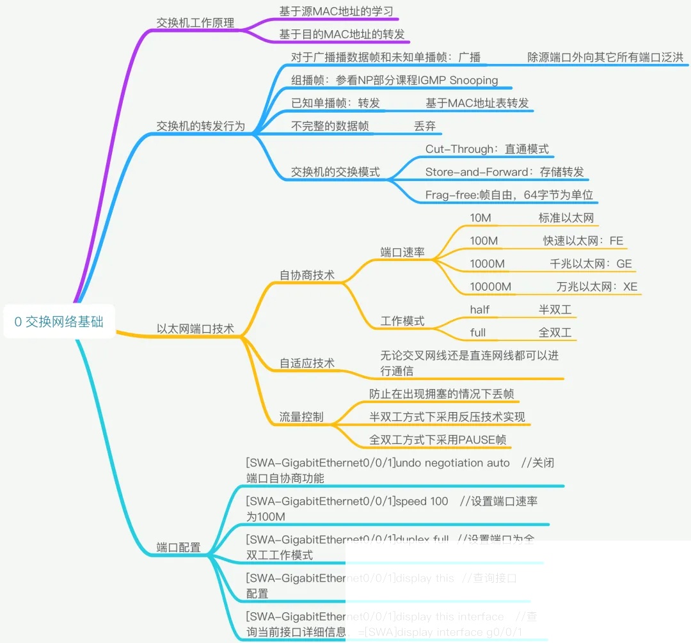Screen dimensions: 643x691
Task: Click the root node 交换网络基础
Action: [59, 322]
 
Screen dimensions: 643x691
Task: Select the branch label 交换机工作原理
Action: [195, 22]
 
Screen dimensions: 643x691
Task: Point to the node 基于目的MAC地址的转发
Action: [342, 34]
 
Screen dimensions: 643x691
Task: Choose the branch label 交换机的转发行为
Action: [200, 126]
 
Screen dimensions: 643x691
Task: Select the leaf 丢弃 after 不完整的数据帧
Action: [425, 126]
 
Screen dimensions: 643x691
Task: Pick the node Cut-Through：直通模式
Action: [487, 149]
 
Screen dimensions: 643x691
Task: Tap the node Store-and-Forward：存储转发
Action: [504, 172]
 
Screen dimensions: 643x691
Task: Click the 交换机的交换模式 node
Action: [335, 172]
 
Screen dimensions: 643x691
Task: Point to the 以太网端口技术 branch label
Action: [195, 329]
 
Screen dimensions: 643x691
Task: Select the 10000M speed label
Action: [490, 287]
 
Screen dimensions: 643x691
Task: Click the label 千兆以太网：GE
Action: [591, 264]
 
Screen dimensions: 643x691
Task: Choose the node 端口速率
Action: [402, 252]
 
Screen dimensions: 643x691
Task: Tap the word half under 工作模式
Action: [479, 310]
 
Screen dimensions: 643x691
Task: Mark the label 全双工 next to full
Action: [555, 333]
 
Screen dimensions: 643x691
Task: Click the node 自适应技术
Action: [306, 363]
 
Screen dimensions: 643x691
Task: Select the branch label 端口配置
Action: [179, 548]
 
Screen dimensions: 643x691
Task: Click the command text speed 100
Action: [422, 501]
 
